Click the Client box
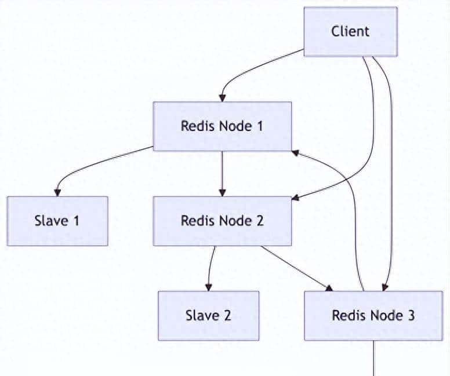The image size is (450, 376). click(x=350, y=31)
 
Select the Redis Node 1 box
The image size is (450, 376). click(x=222, y=126)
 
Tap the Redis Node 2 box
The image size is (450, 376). click(x=222, y=221)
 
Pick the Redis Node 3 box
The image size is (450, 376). click(x=373, y=316)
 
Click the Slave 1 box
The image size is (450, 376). click(x=57, y=221)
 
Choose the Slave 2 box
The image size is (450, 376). click(x=208, y=316)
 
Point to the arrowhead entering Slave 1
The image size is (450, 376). click(x=57, y=192)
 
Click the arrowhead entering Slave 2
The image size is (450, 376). click(x=208, y=287)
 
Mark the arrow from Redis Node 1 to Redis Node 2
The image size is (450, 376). click(x=222, y=173)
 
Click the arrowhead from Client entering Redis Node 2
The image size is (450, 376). click(x=295, y=198)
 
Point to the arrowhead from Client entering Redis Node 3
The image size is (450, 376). click(x=386, y=287)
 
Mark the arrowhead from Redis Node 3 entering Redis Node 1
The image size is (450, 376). click(x=295, y=152)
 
